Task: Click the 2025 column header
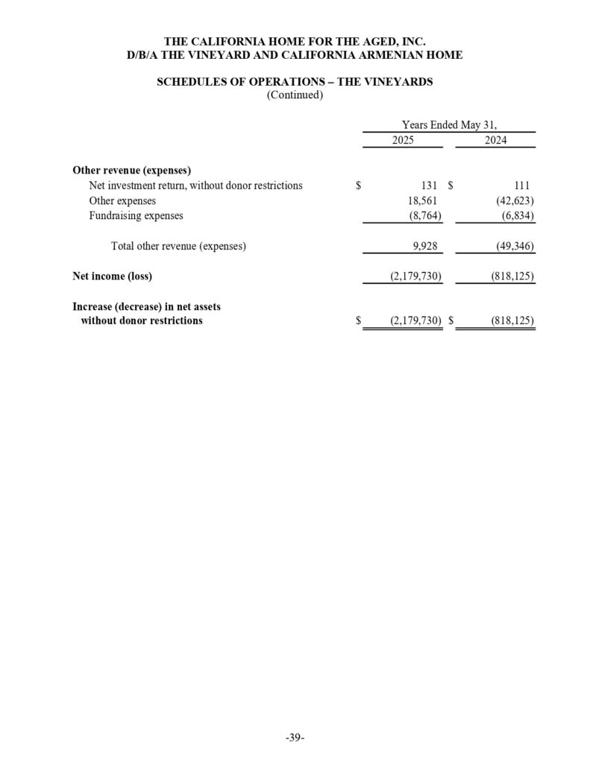[x=403, y=140]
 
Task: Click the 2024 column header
[x=495, y=140]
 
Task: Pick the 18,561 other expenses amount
[x=420, y=200]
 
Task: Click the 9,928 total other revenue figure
[x=423, y=246]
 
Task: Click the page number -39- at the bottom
[x=295, y=738]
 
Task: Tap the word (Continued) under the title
[x=295, y=95]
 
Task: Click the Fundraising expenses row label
[x=136, y=216]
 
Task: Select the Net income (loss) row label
[x=112, y=276]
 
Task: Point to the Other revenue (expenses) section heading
[x=132, y=170]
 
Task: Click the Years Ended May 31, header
[x=449, y=124]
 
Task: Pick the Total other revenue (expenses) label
[x=178, y=246]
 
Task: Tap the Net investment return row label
[x=195, y=186]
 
